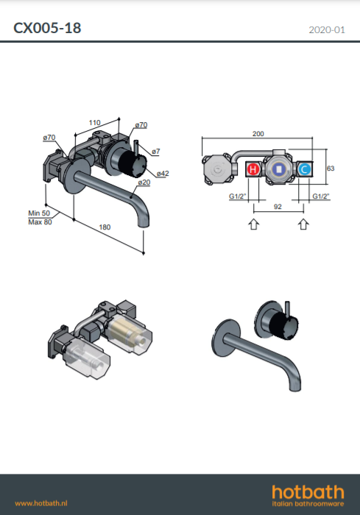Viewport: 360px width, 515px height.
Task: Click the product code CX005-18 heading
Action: point(47,28)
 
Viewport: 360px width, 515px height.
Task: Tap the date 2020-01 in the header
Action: point(327,30)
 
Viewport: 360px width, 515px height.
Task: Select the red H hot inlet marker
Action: point(253,169)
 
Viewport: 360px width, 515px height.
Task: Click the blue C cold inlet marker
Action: point(305,169)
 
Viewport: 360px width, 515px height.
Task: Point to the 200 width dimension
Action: point(258,134)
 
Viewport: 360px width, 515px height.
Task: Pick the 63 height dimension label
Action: point(331,168)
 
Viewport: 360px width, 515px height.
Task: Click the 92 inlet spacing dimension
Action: point(278,207)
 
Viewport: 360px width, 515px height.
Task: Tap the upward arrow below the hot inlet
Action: point(253,224)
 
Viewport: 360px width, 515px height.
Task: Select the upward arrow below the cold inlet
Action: point(303,224)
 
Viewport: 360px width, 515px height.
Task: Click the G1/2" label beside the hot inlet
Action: point(237,196)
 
